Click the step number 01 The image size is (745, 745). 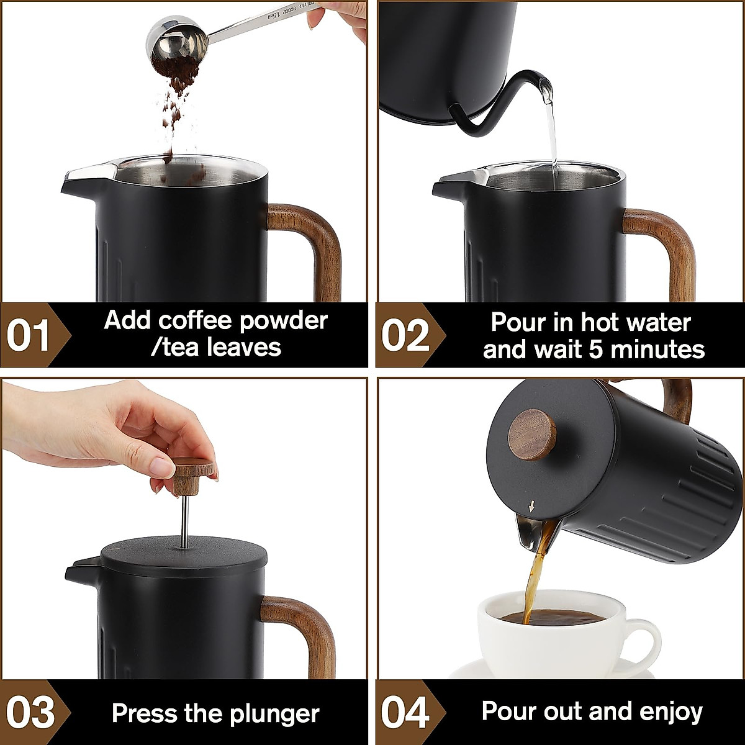click(x=28, y=335)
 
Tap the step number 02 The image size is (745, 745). click(x=405, y=335)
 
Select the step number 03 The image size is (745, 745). click(x=29, y=713)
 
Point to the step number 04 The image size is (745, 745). click(x=405, y=713)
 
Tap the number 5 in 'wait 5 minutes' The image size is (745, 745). click(x=595, y=350)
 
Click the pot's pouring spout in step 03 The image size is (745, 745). click(x=81, y=568)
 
